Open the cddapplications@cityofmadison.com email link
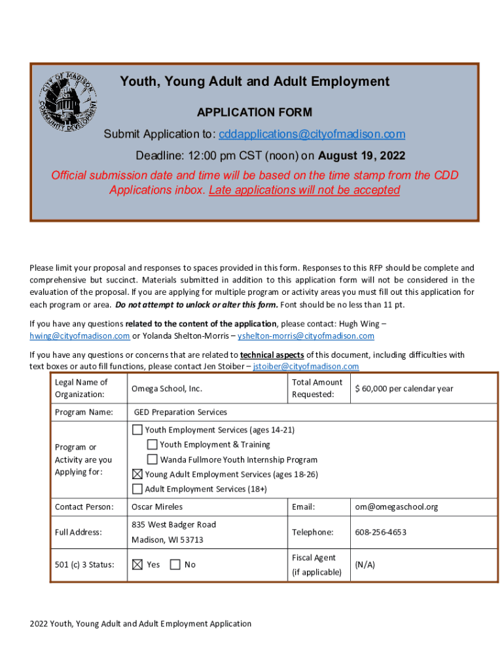[x=312, y=134]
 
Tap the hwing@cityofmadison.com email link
[x=79, y=336]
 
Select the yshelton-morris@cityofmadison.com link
[x=306, y=336]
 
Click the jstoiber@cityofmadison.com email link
[x=306, y=366]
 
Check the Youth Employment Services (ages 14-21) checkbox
[x=137, y=431]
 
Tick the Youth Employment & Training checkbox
[x=152, y=445]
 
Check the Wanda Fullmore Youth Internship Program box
[x=152, y=459]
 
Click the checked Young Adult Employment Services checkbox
[x=137, y=474]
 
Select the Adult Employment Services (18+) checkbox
[x=137, y=489]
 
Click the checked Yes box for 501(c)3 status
[x=137, y=564]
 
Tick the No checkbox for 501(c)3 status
[x=175, y=564]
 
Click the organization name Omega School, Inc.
[x=167, y=389]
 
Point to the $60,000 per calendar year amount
[x=404, y=389]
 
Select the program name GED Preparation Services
[x=181, y=412]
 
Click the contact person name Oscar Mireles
[x=157, y=507]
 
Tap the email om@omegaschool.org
[x=397, y=507]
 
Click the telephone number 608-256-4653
[x=380, y=532]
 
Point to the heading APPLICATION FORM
[x=255, y=112]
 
